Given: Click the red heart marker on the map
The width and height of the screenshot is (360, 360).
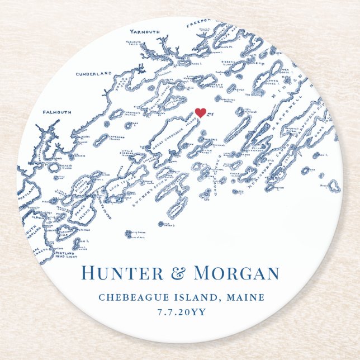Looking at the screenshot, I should pyautogui.click(x=201, y=113).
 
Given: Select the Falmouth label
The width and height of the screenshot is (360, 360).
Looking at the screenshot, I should pyautogui.click(x=56, y=112).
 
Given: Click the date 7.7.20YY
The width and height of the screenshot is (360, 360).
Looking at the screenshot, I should pyautogui.click(x=179, y=312).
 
